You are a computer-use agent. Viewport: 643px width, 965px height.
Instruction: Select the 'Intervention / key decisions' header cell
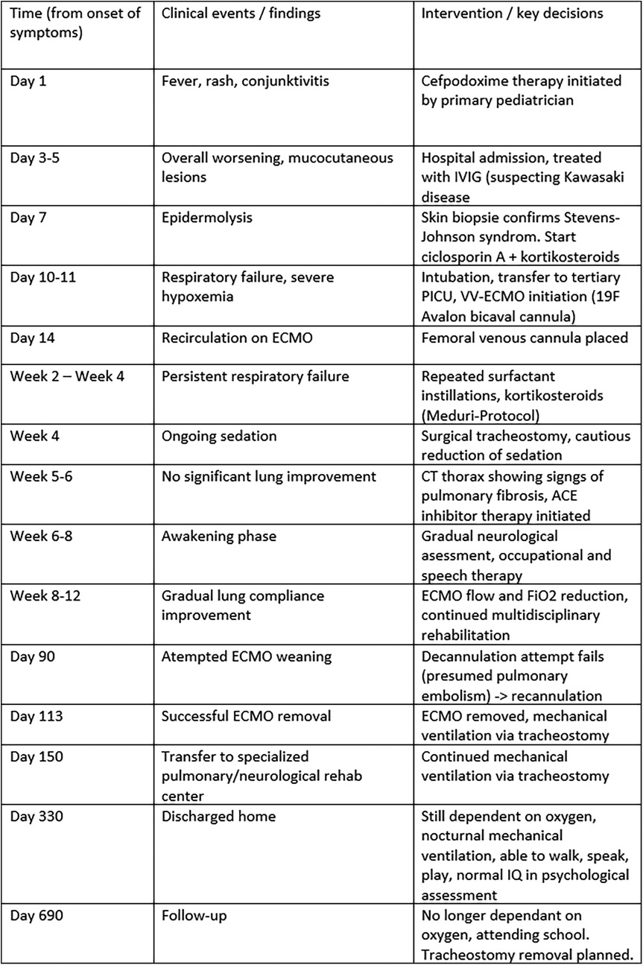[x=513, y=14]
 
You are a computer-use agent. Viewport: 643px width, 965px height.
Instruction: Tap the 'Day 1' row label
[x=28, y=81]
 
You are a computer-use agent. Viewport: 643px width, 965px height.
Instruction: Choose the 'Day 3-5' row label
[x=37, y=158]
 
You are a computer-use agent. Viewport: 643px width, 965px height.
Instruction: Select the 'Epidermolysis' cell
[x=205, y=217]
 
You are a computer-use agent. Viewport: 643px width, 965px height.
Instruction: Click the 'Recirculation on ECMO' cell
[x=233, y=336]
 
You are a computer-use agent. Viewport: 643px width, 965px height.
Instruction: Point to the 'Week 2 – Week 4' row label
[x=67, y=376]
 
